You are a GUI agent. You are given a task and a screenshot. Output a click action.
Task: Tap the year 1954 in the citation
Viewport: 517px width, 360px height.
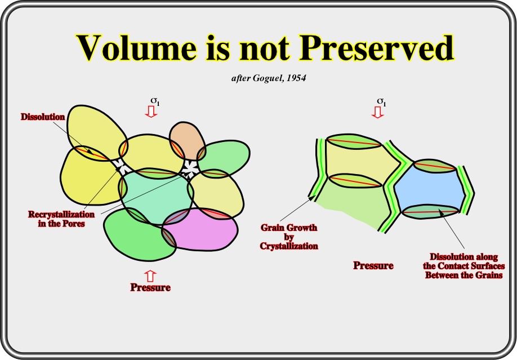point(296,78)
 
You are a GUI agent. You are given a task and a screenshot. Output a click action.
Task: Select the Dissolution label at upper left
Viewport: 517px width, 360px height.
point(43,117)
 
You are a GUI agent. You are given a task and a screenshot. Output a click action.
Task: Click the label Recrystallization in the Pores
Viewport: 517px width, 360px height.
point(61,219)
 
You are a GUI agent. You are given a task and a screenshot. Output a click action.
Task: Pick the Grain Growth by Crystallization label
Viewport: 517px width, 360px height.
point(289,237)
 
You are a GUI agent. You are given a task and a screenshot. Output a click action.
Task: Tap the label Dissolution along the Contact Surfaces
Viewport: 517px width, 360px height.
point(464,266)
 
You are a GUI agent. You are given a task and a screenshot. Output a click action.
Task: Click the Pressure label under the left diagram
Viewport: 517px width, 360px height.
point(150,287)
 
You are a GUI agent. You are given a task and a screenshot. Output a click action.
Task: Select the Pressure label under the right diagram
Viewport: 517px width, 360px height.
point(373,265)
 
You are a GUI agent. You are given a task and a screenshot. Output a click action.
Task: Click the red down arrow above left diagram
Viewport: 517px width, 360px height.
point(151,112)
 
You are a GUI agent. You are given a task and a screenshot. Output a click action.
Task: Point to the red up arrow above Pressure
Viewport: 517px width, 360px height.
point(150,276)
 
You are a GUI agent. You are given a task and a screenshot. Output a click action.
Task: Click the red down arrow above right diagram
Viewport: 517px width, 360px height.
point(377,112)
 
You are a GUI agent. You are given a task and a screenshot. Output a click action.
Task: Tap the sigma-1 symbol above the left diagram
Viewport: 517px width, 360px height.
point(155,101)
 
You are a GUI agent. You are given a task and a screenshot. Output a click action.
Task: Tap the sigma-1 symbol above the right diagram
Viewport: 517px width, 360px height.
point(381,101)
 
